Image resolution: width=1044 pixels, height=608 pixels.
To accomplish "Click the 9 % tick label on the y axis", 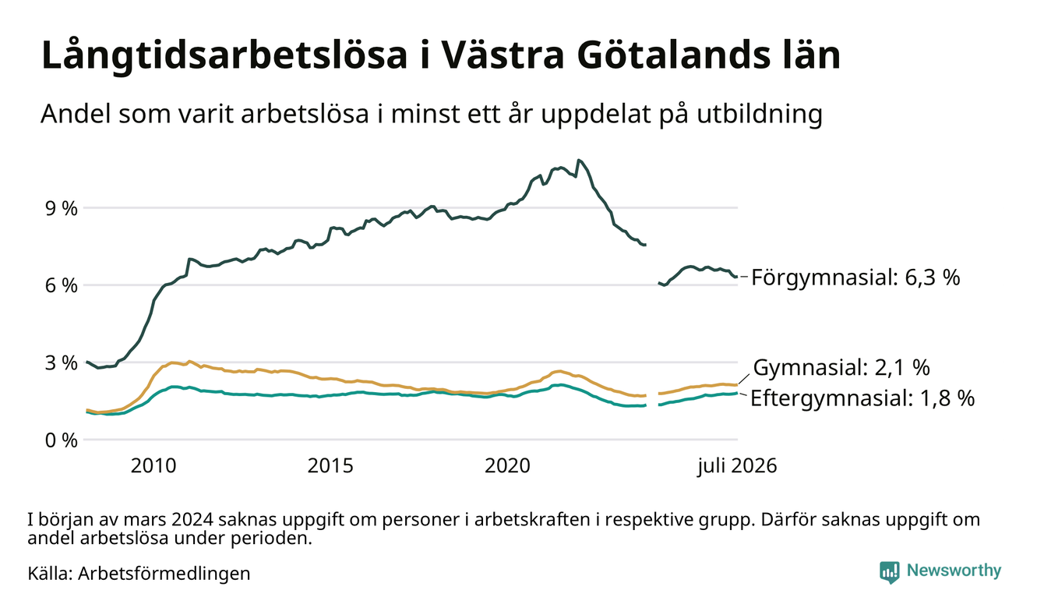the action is click(61, 209).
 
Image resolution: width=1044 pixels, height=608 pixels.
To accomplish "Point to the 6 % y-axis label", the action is click(61, 286).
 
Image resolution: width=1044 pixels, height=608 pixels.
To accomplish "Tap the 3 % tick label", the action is click(61, 363).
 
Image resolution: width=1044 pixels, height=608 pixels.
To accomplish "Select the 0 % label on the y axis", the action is click(61, 440).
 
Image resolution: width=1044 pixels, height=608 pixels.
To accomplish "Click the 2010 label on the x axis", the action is click(153, 466).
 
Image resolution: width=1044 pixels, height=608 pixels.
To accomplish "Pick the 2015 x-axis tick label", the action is click(330, 466).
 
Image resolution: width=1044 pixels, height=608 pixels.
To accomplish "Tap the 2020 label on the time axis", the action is click(507, 466).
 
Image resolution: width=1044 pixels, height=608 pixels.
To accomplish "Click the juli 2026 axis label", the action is click(737, 466).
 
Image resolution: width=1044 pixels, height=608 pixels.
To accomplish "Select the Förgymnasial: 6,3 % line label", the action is click(855, 277).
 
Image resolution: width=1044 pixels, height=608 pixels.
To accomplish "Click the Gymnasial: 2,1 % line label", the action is click(841, 367).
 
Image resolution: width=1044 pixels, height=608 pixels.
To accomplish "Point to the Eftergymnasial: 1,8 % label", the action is click(862, 398).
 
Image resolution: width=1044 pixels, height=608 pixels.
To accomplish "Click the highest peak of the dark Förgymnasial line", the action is click(579, 161).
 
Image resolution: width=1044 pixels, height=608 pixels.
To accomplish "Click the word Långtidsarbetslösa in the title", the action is click(224, 56).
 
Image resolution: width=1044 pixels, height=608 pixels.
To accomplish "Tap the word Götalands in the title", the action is click(673, 55).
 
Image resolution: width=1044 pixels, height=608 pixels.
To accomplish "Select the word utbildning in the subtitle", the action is click(760, 114).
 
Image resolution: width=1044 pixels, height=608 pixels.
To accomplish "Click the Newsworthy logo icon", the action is click(890, 572).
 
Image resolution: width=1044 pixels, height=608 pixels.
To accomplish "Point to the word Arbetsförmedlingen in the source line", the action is click(164, 574).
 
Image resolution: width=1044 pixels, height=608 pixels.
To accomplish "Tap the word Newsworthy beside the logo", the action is click(954, 571).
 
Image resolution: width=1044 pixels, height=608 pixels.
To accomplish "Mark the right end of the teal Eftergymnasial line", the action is click(737, 393).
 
